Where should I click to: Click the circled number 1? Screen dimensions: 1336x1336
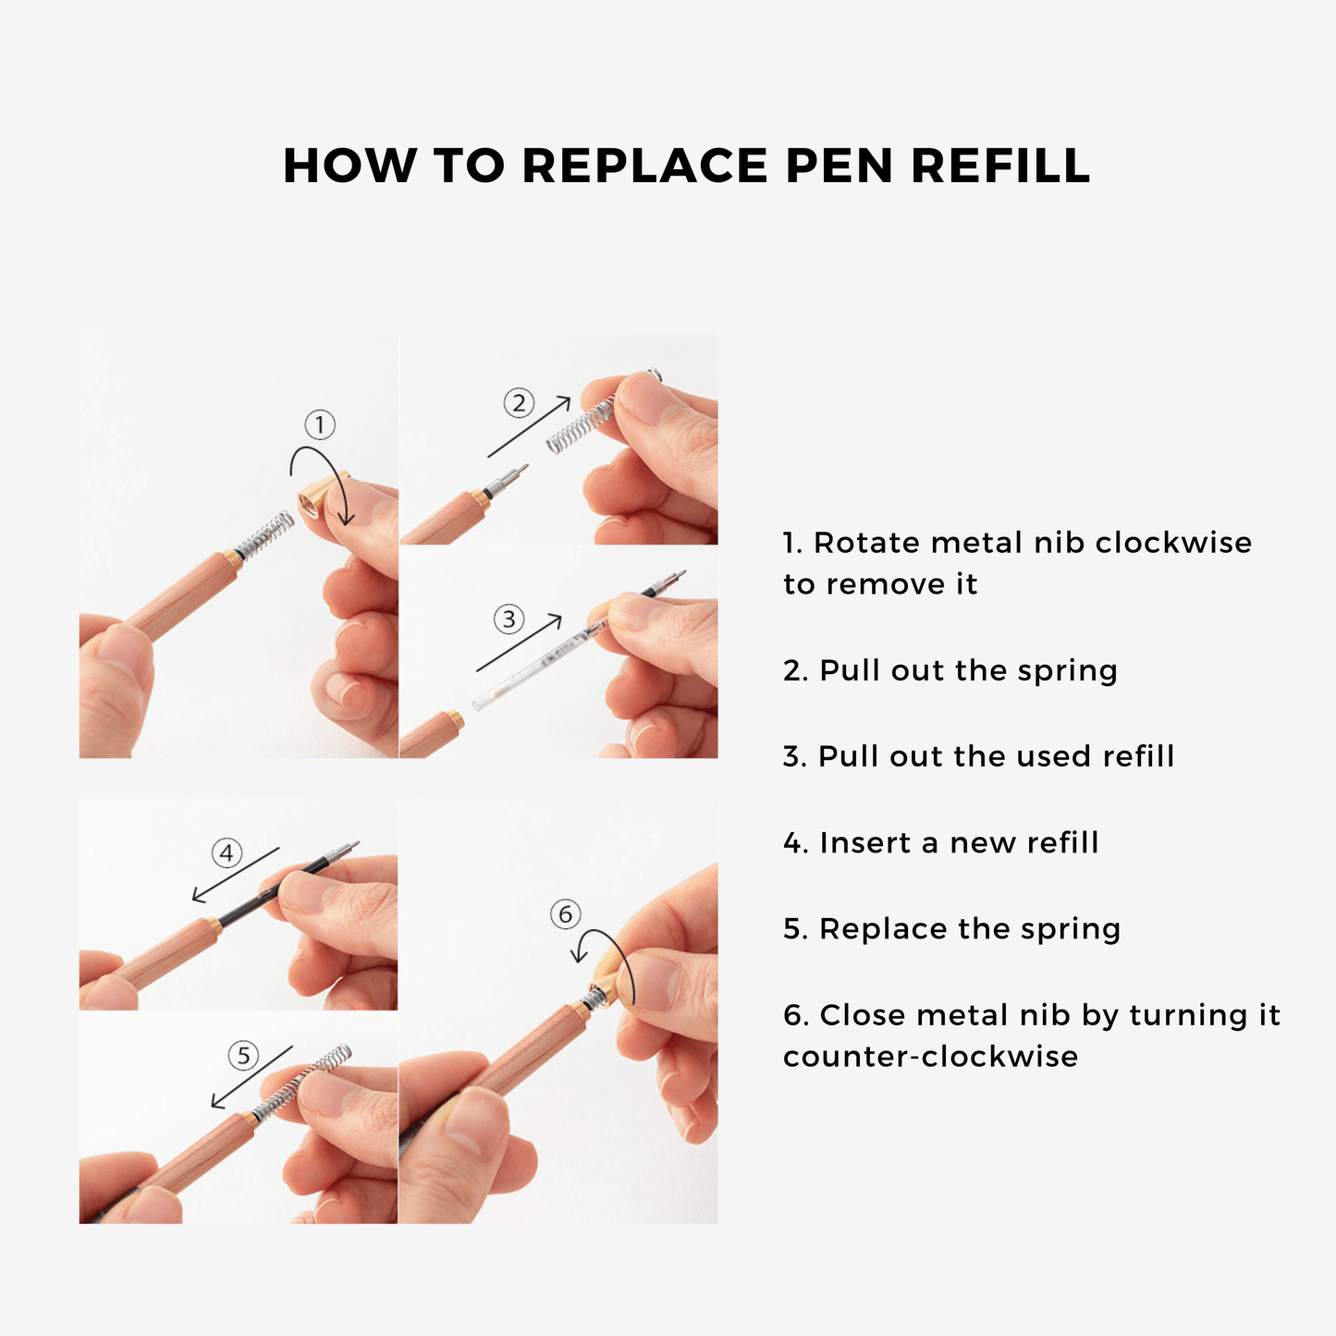tap(320, 424)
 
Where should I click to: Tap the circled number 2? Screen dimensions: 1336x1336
tap(519, 402)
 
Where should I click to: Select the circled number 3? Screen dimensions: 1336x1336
tap(509, 619)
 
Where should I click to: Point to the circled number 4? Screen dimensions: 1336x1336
tap(227, 852)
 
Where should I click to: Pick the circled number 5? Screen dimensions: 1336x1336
tap(243, 1055)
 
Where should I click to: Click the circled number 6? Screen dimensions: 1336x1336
tap(566, 913)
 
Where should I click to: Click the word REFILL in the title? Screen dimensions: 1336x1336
tap(1000, 165)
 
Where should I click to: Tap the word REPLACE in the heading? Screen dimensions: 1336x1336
tap(644, 165)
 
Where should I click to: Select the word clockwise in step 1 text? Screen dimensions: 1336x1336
tap(1173, 542)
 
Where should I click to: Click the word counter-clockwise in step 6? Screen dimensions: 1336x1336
tap(930, 1057)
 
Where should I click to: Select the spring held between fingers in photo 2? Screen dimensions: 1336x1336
tap(581, 424)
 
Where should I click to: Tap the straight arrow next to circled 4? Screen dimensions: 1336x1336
tap(236, 875)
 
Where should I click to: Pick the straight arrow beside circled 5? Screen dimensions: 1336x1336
tap(251, 1077)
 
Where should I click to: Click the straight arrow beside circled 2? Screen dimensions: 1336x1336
tap(529, 426)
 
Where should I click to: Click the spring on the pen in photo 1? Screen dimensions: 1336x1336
tap(264, 536)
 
